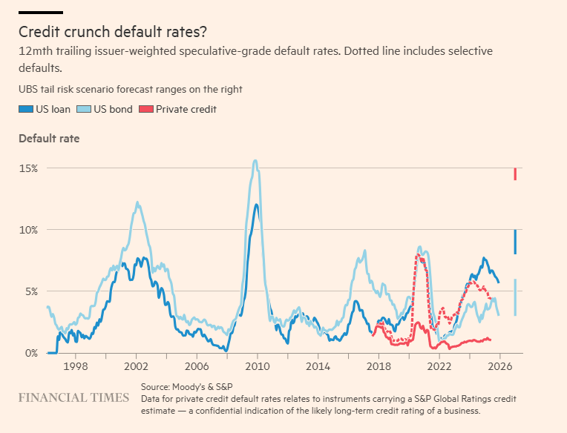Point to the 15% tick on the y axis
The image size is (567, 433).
(x=28, y=168)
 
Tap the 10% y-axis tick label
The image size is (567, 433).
(x=28, y=230)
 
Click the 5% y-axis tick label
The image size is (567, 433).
(x=30, y=291)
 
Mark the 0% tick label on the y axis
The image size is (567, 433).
(x=30, y=353)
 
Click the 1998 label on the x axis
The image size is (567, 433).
(x=75, y=366)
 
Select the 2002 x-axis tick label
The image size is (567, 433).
(x=136, y=366)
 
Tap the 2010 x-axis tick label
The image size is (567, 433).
(x=257, y=366)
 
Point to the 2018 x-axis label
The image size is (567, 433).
(x=378, y=366)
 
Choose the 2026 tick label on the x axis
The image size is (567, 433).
(x=499, y=366)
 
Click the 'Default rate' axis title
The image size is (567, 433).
(x=49, y=138)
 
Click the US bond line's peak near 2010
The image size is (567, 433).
(x=255, y=161)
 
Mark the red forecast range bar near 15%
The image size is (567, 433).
(x=515, y=174)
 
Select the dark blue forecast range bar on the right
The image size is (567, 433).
(x=515, y=242)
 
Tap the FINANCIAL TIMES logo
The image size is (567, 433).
(x=73, y=398)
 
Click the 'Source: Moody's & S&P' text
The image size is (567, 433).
(x=189, y=388)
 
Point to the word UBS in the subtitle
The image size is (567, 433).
(x=30, y=90)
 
